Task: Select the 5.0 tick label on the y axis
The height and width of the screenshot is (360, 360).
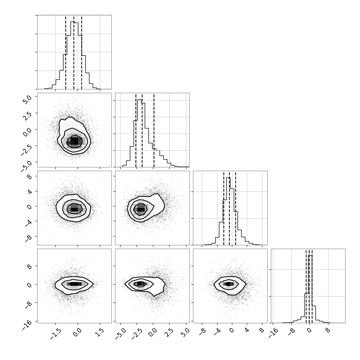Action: coord(27,99)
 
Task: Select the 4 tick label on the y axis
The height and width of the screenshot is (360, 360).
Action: coord(30,192)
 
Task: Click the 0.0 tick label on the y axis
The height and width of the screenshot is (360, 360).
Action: coord(27,132)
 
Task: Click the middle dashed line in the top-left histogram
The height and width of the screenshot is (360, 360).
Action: coord(74,53)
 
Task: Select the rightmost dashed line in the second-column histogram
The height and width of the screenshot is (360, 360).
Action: coord(154,131)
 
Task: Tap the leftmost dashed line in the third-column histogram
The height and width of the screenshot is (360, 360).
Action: coord(224,209)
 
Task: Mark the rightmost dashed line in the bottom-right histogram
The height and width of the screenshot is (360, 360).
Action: coord(312,287)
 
